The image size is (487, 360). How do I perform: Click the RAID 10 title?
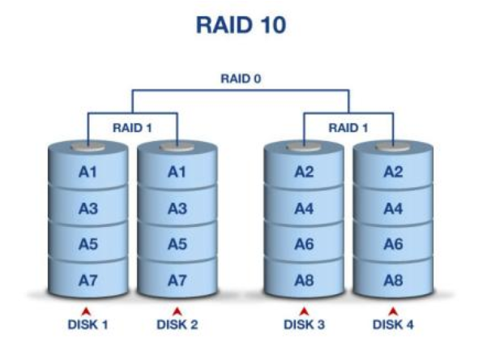click(x=241, y=25)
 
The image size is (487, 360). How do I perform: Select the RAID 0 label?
click(x=241, y=79)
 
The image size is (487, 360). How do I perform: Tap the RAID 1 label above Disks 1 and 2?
click(x=132, y=127)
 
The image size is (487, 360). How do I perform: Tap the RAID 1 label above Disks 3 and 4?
click(x=348, y=127)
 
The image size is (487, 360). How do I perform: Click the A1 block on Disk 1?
click(x=88, y=172)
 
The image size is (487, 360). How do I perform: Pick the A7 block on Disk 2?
click(x=177, y=280)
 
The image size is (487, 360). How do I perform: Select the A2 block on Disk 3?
click(x=304, y=172)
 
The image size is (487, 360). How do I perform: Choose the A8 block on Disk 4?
click(x=393, y=280)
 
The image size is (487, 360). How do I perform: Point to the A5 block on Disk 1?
click(x=88, y=244)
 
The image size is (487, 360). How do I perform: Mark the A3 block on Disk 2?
click(x=177, y=208)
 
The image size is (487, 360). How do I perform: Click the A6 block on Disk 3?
click(x=304, y=244)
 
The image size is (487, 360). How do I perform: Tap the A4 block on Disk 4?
click(x=393, y=208)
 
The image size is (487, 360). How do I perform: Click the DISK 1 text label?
click(x=88, y=324)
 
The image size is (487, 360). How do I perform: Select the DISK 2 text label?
click(x=177, y=324)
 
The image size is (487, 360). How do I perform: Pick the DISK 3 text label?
click(x=304, y=324)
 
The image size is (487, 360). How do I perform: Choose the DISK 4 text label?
click(x=393, y=324)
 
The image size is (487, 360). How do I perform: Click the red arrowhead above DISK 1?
click(x=88, y=311)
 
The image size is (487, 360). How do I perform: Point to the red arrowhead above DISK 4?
click(x=393, y=311)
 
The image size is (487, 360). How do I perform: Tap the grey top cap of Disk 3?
click(x=304, y=148)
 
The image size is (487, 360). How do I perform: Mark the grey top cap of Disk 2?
click(x=177, y=148)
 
